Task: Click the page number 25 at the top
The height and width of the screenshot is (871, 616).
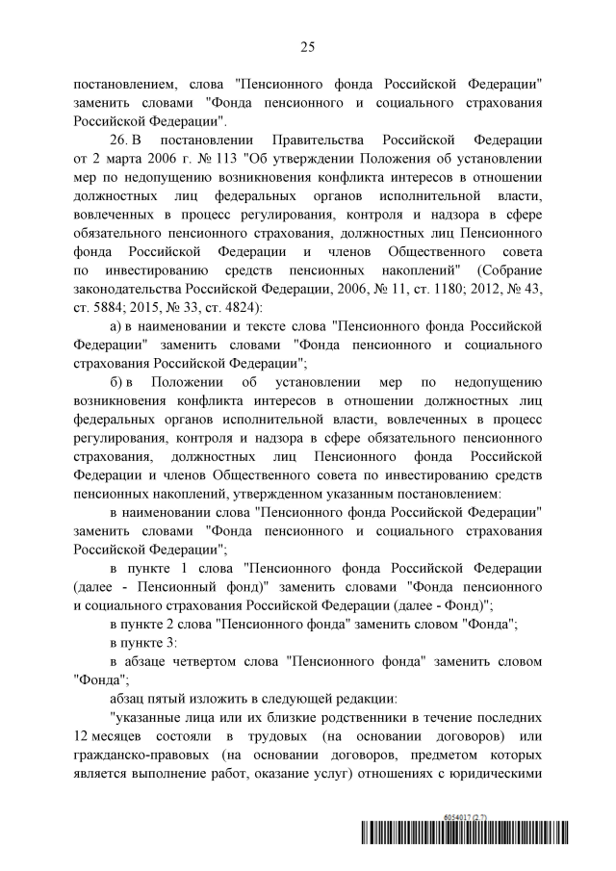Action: coord(307,46)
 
